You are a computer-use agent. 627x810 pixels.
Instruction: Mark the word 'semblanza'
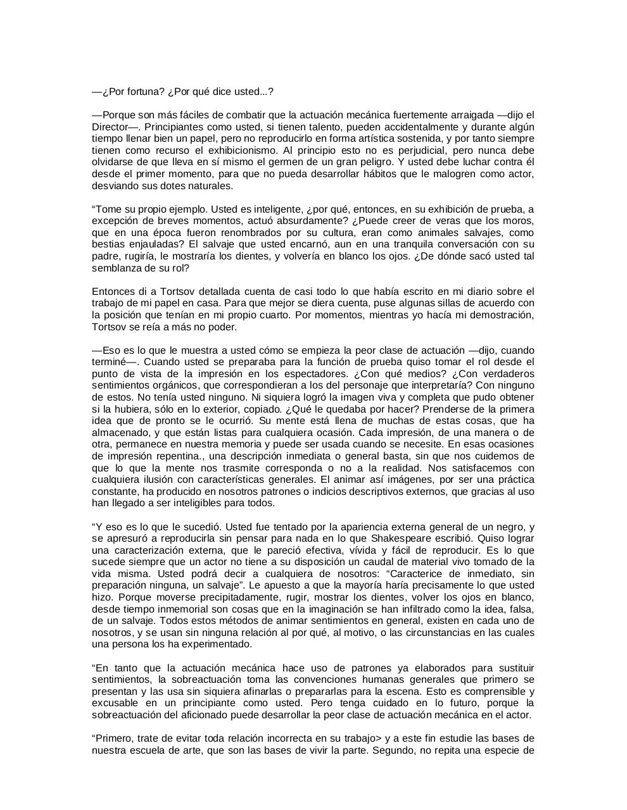pos(115,268)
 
